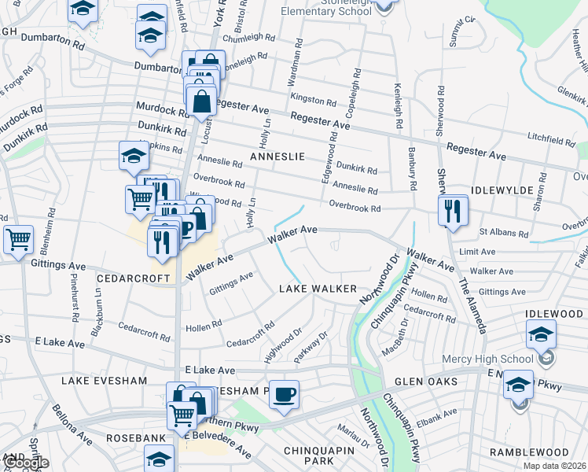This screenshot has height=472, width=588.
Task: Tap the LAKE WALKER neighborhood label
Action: pos(318,289)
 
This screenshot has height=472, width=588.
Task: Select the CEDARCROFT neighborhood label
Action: pos(133,278)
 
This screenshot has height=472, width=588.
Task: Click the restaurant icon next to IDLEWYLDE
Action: pos(454,211)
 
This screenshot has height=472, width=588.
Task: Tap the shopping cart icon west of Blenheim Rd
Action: pos(18,238)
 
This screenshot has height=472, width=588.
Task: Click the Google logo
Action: pos(26,463)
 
